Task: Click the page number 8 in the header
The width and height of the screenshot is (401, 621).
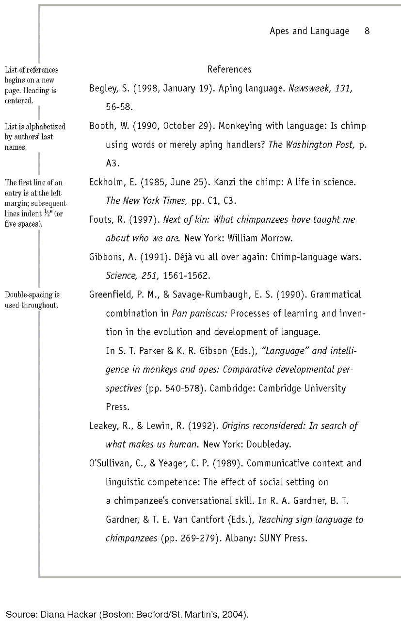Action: pyautogui.click(x=367, y=31)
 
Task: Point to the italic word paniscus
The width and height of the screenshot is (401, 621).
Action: pyautogui.click(x=209, y=313)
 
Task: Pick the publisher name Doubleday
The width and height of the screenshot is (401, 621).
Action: pyautogui.click(x=275, y=444)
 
